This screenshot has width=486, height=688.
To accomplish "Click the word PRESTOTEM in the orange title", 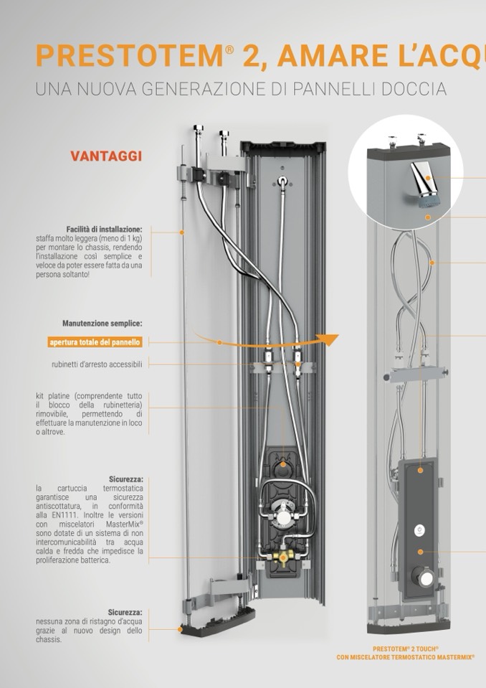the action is click(x=130, y=56).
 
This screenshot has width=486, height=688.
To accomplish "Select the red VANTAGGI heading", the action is click(x=106, y=156).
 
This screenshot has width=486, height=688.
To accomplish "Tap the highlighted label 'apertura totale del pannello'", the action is click(x=95, y=342).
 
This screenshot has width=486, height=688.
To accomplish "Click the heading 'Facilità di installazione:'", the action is click(x=105, y=229).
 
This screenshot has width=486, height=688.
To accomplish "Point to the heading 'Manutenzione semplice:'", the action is click(x=102, y=324).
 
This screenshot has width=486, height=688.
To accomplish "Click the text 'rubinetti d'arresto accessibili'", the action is click(x=97, y=364).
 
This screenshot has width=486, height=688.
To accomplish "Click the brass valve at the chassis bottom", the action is click(x=280, y=557).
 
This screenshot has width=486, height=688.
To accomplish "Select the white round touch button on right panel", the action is click(x=419, y=530).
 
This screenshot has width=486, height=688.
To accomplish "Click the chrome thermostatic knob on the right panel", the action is click(x=424, y=577).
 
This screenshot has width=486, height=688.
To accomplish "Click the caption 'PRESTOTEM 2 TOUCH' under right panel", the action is click(x=406, y=649).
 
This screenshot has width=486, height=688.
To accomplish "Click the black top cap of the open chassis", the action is click(x=282, y=147).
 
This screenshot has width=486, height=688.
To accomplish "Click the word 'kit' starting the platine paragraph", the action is click(x=40, y=396).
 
